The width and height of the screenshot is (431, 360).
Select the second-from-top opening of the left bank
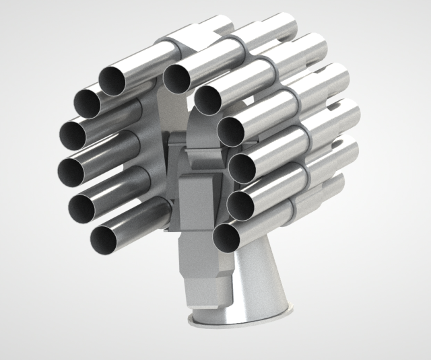87,103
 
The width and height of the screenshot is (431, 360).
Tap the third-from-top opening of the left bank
72,135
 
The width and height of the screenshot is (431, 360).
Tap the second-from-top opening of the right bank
209,100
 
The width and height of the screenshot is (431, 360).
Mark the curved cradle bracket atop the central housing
202,135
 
